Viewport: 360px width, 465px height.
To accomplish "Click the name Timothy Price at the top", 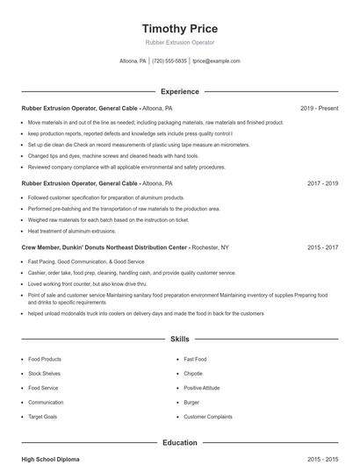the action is click(x=179, y=28).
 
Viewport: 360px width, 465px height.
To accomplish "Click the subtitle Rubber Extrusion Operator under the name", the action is click(x=179, y=42).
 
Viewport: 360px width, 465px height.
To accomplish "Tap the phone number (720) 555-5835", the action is click(x=169, y=61).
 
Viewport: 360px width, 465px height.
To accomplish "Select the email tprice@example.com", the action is click(x=216, y=61).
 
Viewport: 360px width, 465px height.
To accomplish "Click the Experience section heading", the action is click(x=179, y=91).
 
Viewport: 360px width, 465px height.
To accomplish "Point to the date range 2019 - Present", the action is click(x=319, y=108).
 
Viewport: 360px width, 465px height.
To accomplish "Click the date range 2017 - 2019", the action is click(x=322, y=183).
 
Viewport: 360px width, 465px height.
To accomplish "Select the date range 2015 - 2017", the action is click(x=322, y=247).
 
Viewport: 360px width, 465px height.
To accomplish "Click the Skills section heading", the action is click(x=179, y=338).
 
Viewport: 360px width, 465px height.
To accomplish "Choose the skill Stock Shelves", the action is click(x=46, y=374).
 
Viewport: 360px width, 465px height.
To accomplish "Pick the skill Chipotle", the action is click(x=193, y=374).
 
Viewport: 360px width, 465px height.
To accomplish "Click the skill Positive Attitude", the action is click(x=202, y=388).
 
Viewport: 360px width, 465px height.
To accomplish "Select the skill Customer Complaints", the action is click(x=208, y=417).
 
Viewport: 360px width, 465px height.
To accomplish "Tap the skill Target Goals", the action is click(x=43, y=417).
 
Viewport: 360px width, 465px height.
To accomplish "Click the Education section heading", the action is click(x=179, y=443).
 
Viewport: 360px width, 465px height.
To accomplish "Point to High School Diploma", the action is click(x=51, y=459).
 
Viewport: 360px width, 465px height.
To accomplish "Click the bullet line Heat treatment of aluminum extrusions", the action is click(x=72, y=231).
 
